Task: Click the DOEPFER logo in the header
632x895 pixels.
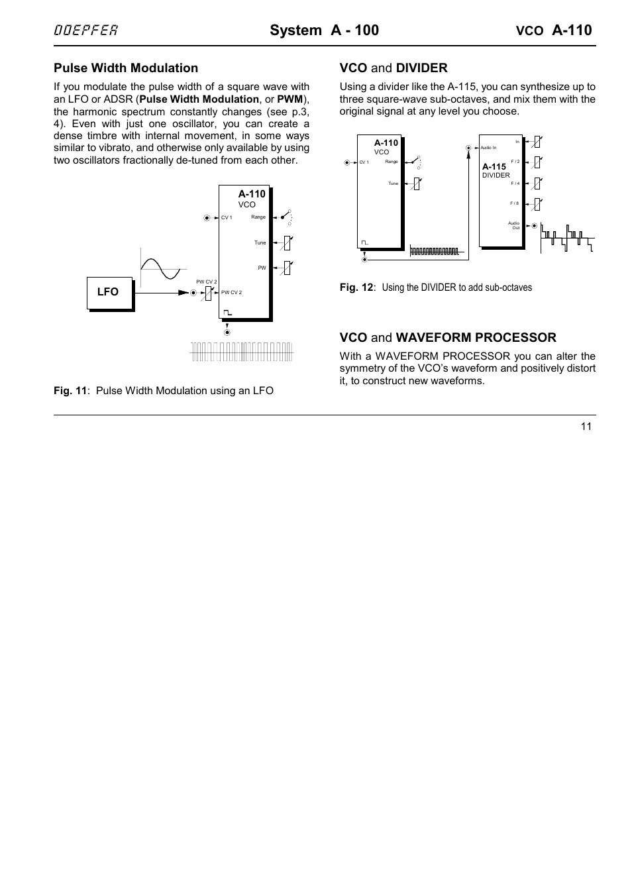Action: click(86, 30)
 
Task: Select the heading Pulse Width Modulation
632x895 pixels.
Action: click(126, 68)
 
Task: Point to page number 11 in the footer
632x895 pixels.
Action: click(586, 427)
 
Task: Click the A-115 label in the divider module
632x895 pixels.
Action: click(494, 167)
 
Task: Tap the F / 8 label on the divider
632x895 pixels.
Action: click(515, 203)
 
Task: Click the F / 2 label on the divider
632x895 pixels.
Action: click(515, 161)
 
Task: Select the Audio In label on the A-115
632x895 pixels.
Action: click(488, 148)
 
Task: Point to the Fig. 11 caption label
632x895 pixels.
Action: click(70, 391)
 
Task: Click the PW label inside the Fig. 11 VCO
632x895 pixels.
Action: click(262, 268)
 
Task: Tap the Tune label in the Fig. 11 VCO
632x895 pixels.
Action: click(260, 242)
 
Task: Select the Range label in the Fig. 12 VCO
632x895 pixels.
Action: click(392, 162)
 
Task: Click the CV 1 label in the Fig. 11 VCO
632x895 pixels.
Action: click(227, 218)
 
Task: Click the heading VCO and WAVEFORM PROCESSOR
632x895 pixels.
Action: click(448, 338)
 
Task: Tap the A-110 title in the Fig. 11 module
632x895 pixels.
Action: click(252, 194)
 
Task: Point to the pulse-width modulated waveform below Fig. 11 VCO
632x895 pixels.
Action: click(241, 351)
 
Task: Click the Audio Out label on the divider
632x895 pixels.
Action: click(514, 225)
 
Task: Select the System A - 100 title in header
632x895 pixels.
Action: click(324, 30)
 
